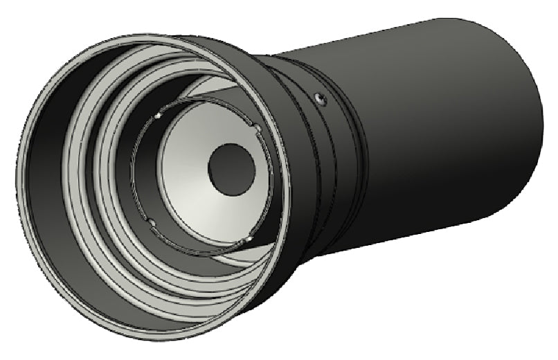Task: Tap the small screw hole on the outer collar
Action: coord(319,98)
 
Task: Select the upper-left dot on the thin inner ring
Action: coord(158,116)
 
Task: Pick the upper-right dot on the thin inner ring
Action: coord(258,127)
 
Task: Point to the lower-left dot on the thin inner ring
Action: coord(150,221)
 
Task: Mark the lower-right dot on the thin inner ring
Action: coord(247,240)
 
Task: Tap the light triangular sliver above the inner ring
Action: coord(215,88)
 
